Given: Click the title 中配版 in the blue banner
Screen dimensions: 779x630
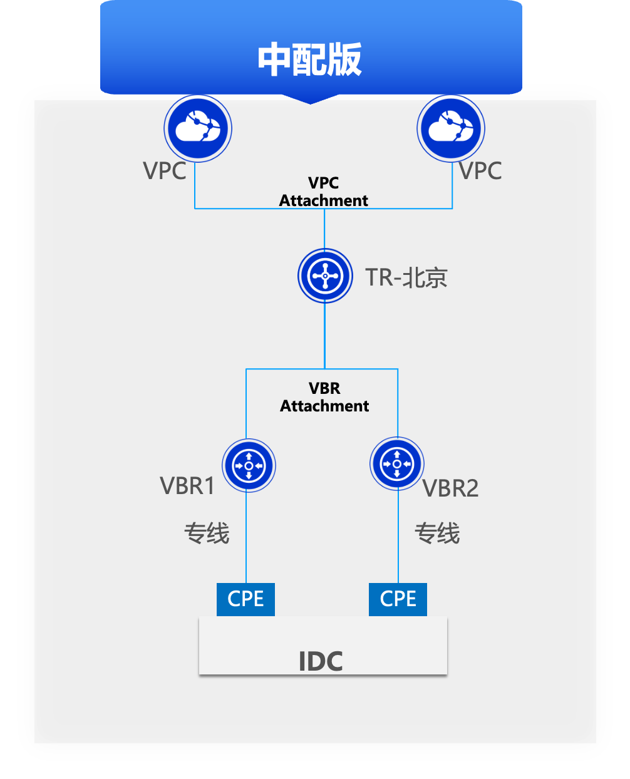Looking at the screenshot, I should tap(309, 59).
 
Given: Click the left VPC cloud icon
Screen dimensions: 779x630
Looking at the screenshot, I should tap(198, 128).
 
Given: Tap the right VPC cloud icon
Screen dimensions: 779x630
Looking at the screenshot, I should tap(451, 128).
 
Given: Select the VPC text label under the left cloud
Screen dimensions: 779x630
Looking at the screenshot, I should tap(165, 170).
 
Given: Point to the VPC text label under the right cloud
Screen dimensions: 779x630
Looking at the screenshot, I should tap(480, 170).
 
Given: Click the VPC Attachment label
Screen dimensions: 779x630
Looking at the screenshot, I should tap(324, 192).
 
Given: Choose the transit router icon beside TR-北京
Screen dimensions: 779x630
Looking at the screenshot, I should tap(325, 276).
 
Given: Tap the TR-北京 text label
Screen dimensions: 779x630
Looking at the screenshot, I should tap(406, 277).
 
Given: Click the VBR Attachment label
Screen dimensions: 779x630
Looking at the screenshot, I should tap(324, 397).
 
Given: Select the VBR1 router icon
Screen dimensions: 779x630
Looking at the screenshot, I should tap(249, 465).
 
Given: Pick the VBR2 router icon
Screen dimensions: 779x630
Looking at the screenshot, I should tap(397, 464).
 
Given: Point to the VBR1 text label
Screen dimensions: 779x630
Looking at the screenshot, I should tap(187, 486).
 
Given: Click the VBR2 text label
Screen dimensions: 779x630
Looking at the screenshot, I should tap(451, 488).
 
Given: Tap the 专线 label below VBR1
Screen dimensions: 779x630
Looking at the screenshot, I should tap(207, 534).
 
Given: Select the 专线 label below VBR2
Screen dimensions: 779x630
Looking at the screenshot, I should tap(437, 534).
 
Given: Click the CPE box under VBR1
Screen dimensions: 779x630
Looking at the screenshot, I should tap(245, 599).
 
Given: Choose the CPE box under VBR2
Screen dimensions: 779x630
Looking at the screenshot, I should tap(398, 599).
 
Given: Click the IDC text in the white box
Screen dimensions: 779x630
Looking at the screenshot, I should tap(321, 661).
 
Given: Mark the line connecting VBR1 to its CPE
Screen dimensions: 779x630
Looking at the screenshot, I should tap(246, 551).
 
